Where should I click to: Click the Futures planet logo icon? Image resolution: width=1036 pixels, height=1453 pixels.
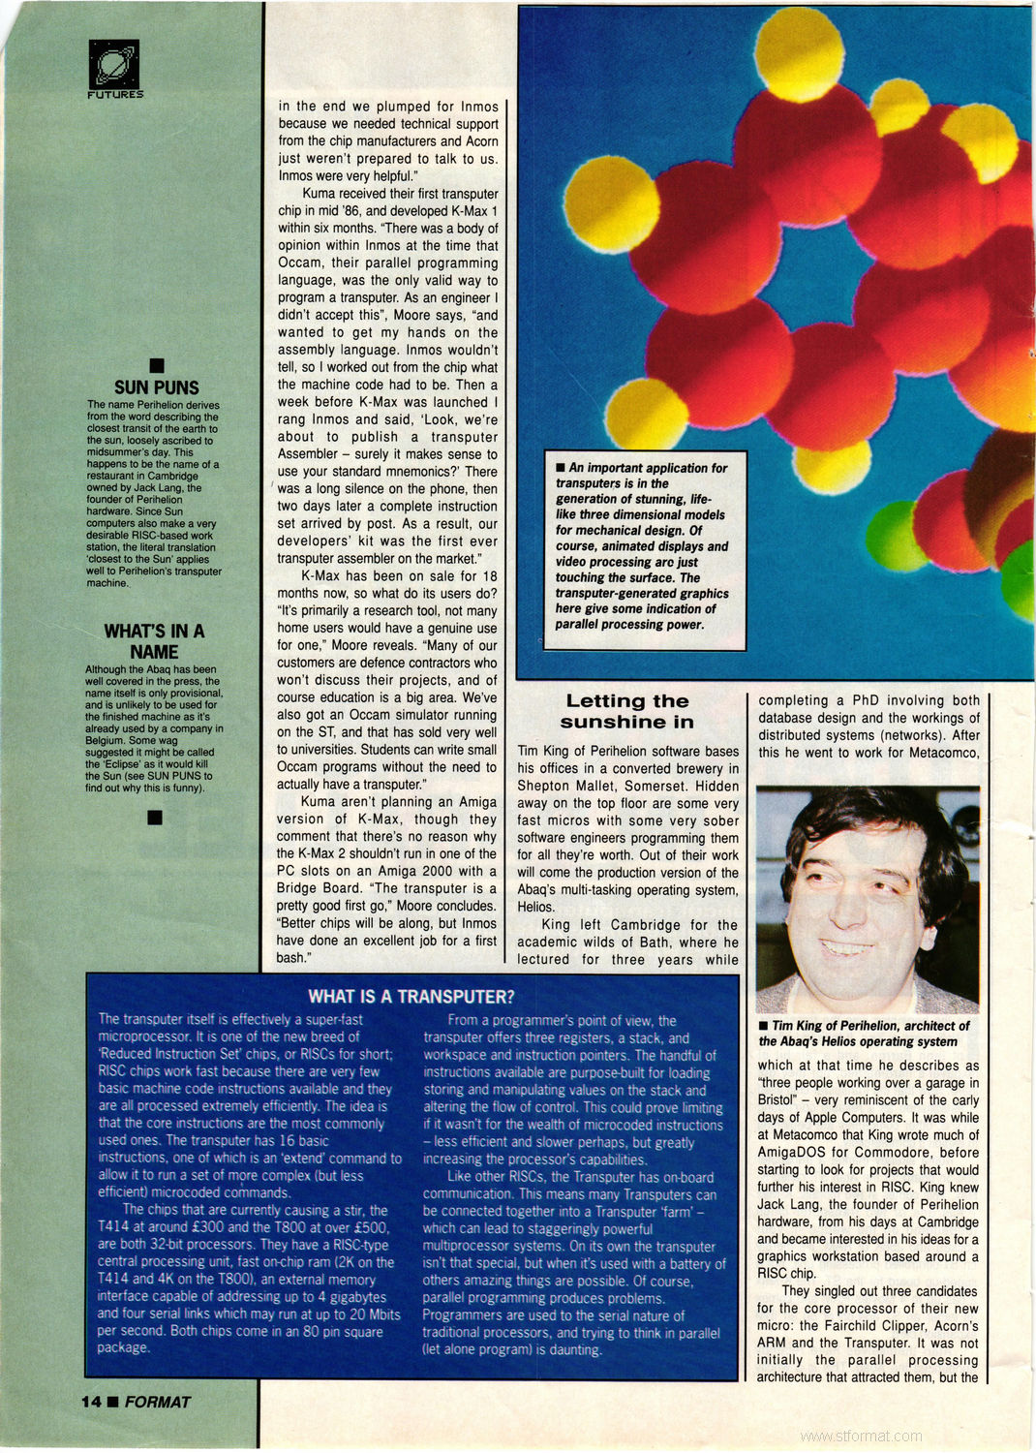[114, 64]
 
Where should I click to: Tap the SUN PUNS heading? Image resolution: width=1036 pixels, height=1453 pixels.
[156, 387]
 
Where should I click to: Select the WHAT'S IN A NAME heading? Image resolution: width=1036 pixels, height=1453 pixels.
[154, 641]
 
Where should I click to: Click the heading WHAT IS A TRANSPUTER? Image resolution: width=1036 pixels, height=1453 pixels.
[411, 997]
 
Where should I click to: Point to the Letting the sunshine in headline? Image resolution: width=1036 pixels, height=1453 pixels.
[626, 711]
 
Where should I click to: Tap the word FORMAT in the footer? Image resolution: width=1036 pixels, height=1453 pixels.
[158, 1402]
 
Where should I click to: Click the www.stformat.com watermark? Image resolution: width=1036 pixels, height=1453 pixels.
[861, 1436]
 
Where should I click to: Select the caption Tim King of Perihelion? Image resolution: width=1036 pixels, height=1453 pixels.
[864, 1033]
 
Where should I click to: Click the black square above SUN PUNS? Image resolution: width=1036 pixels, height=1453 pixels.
[156, 364]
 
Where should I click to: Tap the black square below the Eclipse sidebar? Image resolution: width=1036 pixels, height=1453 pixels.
[154, 818]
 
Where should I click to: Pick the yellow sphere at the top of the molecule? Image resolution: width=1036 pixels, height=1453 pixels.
[799, 51]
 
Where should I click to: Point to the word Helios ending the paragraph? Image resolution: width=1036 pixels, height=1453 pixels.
[535, 908]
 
